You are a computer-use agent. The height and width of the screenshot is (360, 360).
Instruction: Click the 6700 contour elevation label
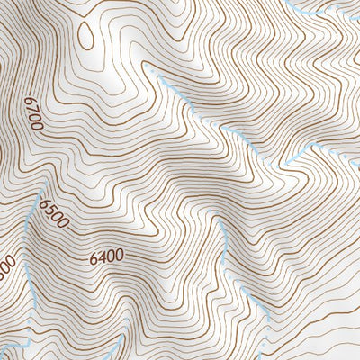click(34, 116)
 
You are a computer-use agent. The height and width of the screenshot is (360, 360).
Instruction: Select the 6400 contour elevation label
click(106, 256)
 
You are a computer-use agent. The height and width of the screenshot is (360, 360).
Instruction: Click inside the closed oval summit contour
click(86, 35)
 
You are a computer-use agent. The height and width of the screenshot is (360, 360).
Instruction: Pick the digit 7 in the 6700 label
click(32, 109)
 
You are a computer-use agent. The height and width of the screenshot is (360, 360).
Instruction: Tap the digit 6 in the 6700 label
click(30, 101)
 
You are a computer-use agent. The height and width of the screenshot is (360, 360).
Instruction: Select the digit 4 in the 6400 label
click(102, 257)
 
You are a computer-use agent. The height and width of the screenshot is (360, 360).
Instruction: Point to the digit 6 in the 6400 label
click(94, 259)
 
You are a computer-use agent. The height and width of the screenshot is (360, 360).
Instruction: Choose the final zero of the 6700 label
click(39, 128)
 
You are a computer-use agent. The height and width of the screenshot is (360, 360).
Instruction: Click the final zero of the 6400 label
click(119, 254)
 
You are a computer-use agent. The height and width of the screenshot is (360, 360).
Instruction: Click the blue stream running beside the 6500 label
click(32, 225)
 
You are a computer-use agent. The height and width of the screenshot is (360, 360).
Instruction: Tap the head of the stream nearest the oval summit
click(160, 78)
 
